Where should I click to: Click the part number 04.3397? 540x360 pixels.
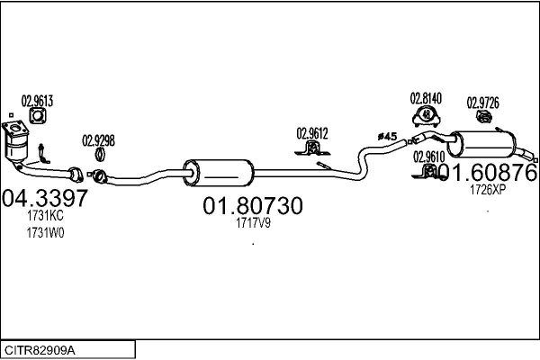(45, 198)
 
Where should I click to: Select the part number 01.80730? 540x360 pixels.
(253, 206)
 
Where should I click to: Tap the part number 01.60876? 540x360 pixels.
(488, 172)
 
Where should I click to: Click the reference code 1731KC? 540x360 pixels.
(45, 216)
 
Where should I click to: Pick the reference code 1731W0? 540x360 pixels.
(45, 233)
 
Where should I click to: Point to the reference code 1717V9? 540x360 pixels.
(253, 223)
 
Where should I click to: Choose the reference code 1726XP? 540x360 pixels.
(488, 190)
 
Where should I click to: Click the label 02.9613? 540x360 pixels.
(37, 102)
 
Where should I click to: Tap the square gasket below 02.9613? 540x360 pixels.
(38, 116)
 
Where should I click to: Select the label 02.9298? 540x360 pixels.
(98, 141)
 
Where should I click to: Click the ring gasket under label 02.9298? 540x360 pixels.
(100, 154)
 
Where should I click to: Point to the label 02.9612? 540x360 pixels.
(312, 134)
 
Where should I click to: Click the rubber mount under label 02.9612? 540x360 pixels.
(312, 148)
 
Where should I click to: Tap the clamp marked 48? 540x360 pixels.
(427, 115)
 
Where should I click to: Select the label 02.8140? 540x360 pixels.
(426, 98)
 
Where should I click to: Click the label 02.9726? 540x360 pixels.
(482, 103)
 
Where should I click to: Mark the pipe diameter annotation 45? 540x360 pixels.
(387, 137)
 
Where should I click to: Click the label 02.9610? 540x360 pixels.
(428, 157)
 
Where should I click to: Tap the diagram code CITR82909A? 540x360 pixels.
(40, 351)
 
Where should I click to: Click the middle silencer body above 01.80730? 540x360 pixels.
(219, 173)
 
